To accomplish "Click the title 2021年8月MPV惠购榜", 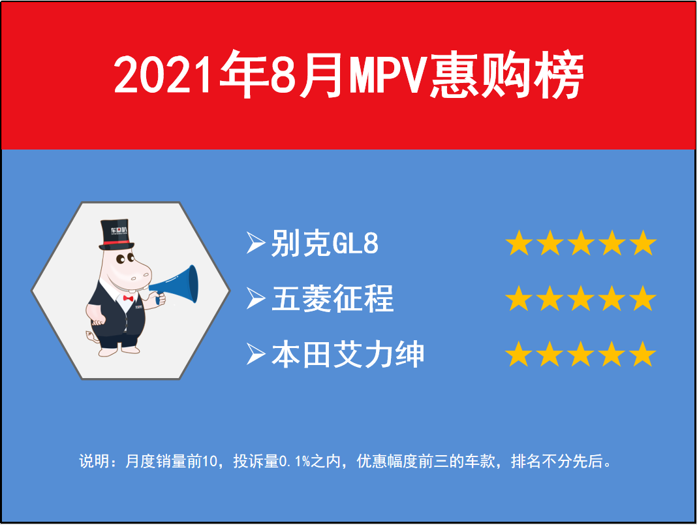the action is (348, 74).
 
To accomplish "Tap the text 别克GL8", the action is (325, 244).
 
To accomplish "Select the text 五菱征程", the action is (332, 298).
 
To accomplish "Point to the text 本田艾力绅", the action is (348, 355).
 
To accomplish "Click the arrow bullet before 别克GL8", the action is (256, 243).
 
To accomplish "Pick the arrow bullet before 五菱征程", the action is (256, 298).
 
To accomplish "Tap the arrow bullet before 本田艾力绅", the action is (256, 354).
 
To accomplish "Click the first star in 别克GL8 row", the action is (519, 243).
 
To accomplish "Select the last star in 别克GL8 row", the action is (643, 243).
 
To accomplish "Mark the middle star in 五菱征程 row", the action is (581, 298).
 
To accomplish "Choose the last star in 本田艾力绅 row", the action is (643, 354).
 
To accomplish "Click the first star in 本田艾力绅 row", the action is (519, 354).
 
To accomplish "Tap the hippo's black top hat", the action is (116, 234).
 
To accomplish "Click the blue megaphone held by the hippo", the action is (176, 285).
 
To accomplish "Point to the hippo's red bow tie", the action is (128, 298).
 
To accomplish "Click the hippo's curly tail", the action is (91, 336).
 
